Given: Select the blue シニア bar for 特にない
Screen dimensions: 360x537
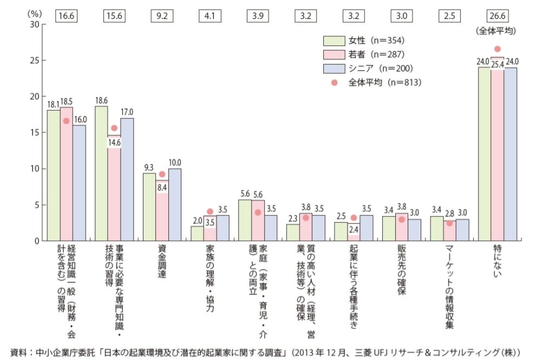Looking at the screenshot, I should tap(510, 154).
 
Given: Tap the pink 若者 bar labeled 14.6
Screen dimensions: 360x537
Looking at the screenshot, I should tap(114, 189).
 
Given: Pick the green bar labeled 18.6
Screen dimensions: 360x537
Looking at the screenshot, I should tap(101, 173).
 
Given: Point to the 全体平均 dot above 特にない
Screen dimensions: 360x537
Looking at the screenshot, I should tap(497, 49).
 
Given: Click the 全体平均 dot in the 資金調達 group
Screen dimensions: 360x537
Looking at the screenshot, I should tap(162, 174).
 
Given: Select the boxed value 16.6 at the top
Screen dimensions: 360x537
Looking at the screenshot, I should tap(66, 15).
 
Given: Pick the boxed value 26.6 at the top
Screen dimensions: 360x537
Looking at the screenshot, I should tap(497, 15).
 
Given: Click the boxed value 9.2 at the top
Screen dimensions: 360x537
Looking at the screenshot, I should tap(162, 15).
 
